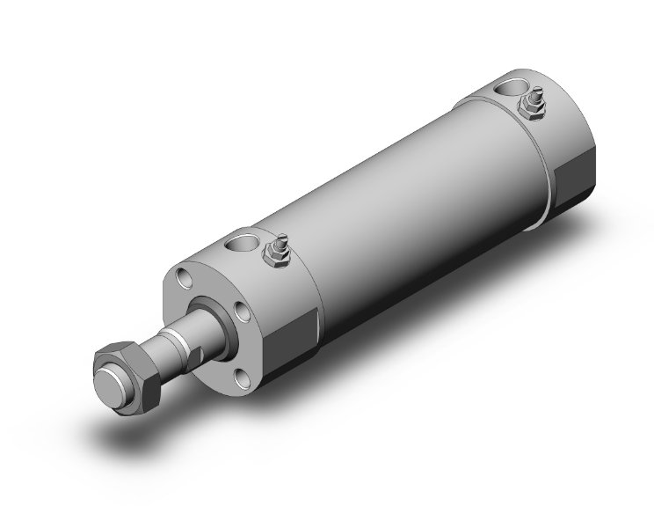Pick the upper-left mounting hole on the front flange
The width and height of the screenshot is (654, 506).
coord(184,280)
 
